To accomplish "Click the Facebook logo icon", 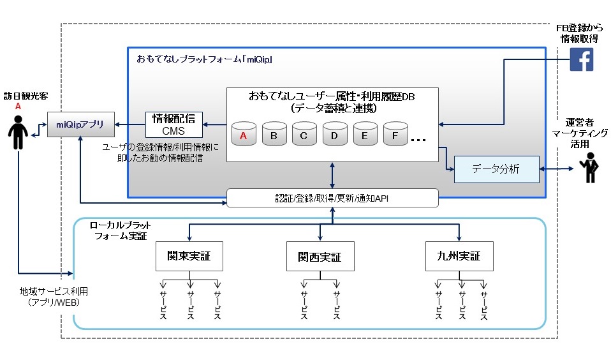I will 582,60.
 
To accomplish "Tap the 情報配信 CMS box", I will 174,124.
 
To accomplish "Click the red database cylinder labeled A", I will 244,135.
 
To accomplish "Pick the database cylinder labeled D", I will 335,135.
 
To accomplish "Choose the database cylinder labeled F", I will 395,135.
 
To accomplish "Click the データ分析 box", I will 496,169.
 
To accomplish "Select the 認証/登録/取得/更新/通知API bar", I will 332,198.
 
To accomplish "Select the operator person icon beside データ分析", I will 587,169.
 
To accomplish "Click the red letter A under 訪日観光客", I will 18,107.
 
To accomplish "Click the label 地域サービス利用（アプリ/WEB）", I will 49,296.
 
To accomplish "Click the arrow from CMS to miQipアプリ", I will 131,124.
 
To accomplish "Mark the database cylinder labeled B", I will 274,135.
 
